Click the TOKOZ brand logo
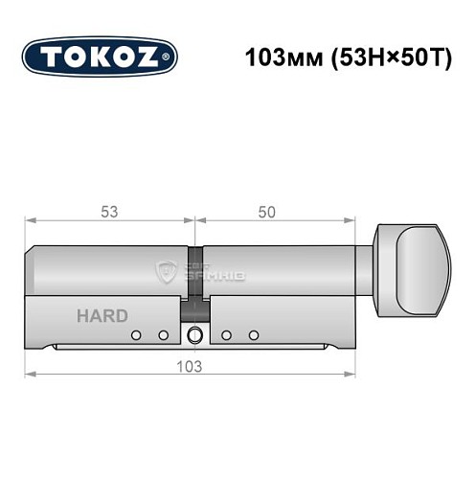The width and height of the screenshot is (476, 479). tap(99, 56)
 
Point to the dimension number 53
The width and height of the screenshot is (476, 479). tap(112, 212)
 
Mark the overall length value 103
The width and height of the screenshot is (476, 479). tap(195, 365)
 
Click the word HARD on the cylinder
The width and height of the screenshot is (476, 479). tap(102, 315)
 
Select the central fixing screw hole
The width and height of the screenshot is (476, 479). tap(196, 335)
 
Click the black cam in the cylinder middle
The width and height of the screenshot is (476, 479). tap(195, 308)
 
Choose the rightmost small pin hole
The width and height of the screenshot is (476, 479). tap(254, 334)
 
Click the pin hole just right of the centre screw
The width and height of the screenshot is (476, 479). tap(228, 334)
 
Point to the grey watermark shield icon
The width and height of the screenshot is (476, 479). tap(165, 272)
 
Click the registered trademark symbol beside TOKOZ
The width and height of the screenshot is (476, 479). tap(170, 57)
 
